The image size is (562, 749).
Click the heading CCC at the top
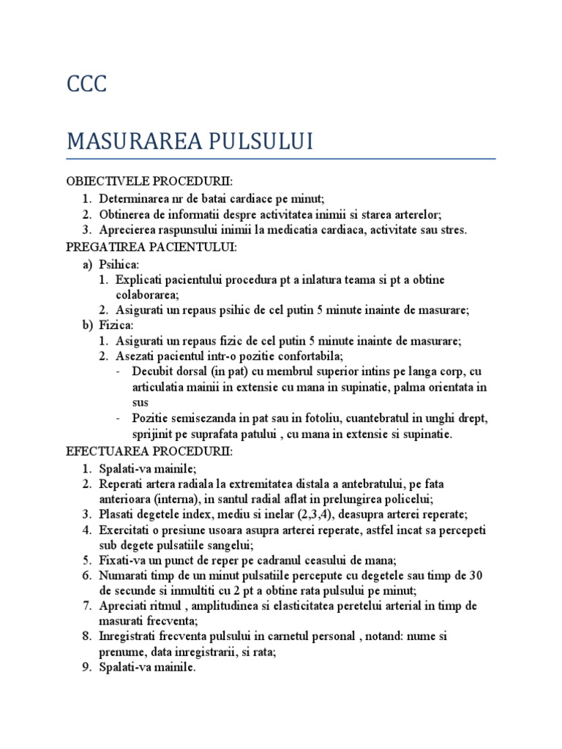(86, 84)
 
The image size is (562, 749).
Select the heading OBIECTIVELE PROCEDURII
(149, 181)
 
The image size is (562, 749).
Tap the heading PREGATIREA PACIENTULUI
(151, 248)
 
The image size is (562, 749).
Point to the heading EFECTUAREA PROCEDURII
(149, 452)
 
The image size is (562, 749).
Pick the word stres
(453, 230)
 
